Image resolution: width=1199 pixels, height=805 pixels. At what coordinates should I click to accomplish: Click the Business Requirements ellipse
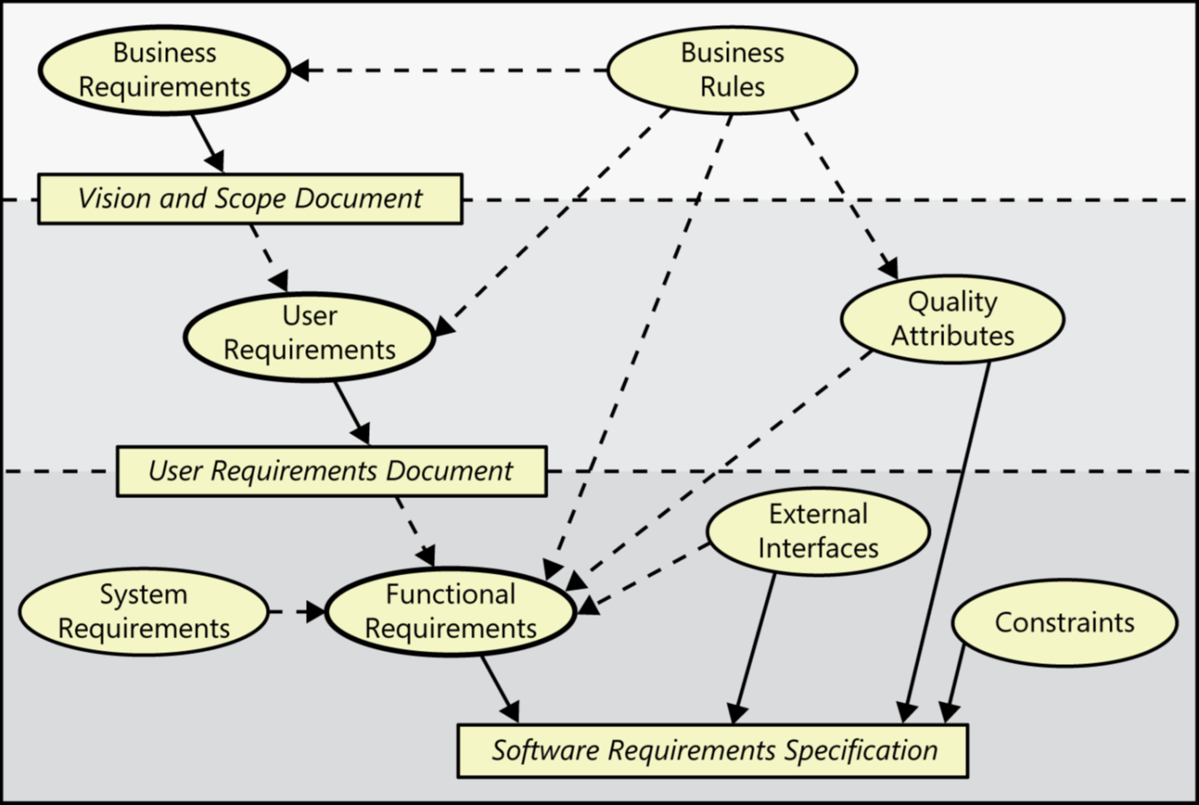tap(164, 70)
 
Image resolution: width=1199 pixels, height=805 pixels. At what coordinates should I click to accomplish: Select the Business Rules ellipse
tap(732, 70)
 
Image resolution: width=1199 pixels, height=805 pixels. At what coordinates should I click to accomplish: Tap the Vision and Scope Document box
tap(250, 199)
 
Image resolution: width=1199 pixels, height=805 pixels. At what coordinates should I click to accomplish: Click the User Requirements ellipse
tap(309, 334)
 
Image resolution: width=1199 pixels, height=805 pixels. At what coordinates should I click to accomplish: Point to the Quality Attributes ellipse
tap(952, 319)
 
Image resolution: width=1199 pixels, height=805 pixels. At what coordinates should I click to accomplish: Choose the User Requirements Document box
tap(331, 471)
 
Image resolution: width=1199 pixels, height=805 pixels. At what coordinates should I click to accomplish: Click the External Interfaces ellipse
tap(818, 532)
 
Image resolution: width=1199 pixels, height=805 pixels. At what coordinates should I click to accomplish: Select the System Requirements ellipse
tap(143, 612)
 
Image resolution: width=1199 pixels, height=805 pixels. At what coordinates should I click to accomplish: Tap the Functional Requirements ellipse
tap(450, 612)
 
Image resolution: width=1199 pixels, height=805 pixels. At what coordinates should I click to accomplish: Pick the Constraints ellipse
tap(1065, 623)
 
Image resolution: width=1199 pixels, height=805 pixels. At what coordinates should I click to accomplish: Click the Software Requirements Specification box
tap(713, 750)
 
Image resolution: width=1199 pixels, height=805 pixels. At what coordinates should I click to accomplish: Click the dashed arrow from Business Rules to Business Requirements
tap(453, 70)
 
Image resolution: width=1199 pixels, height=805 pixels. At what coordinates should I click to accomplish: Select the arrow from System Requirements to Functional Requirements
tap(297, 612)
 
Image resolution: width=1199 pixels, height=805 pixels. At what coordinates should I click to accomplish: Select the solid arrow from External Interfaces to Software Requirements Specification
tap(755, 646)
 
